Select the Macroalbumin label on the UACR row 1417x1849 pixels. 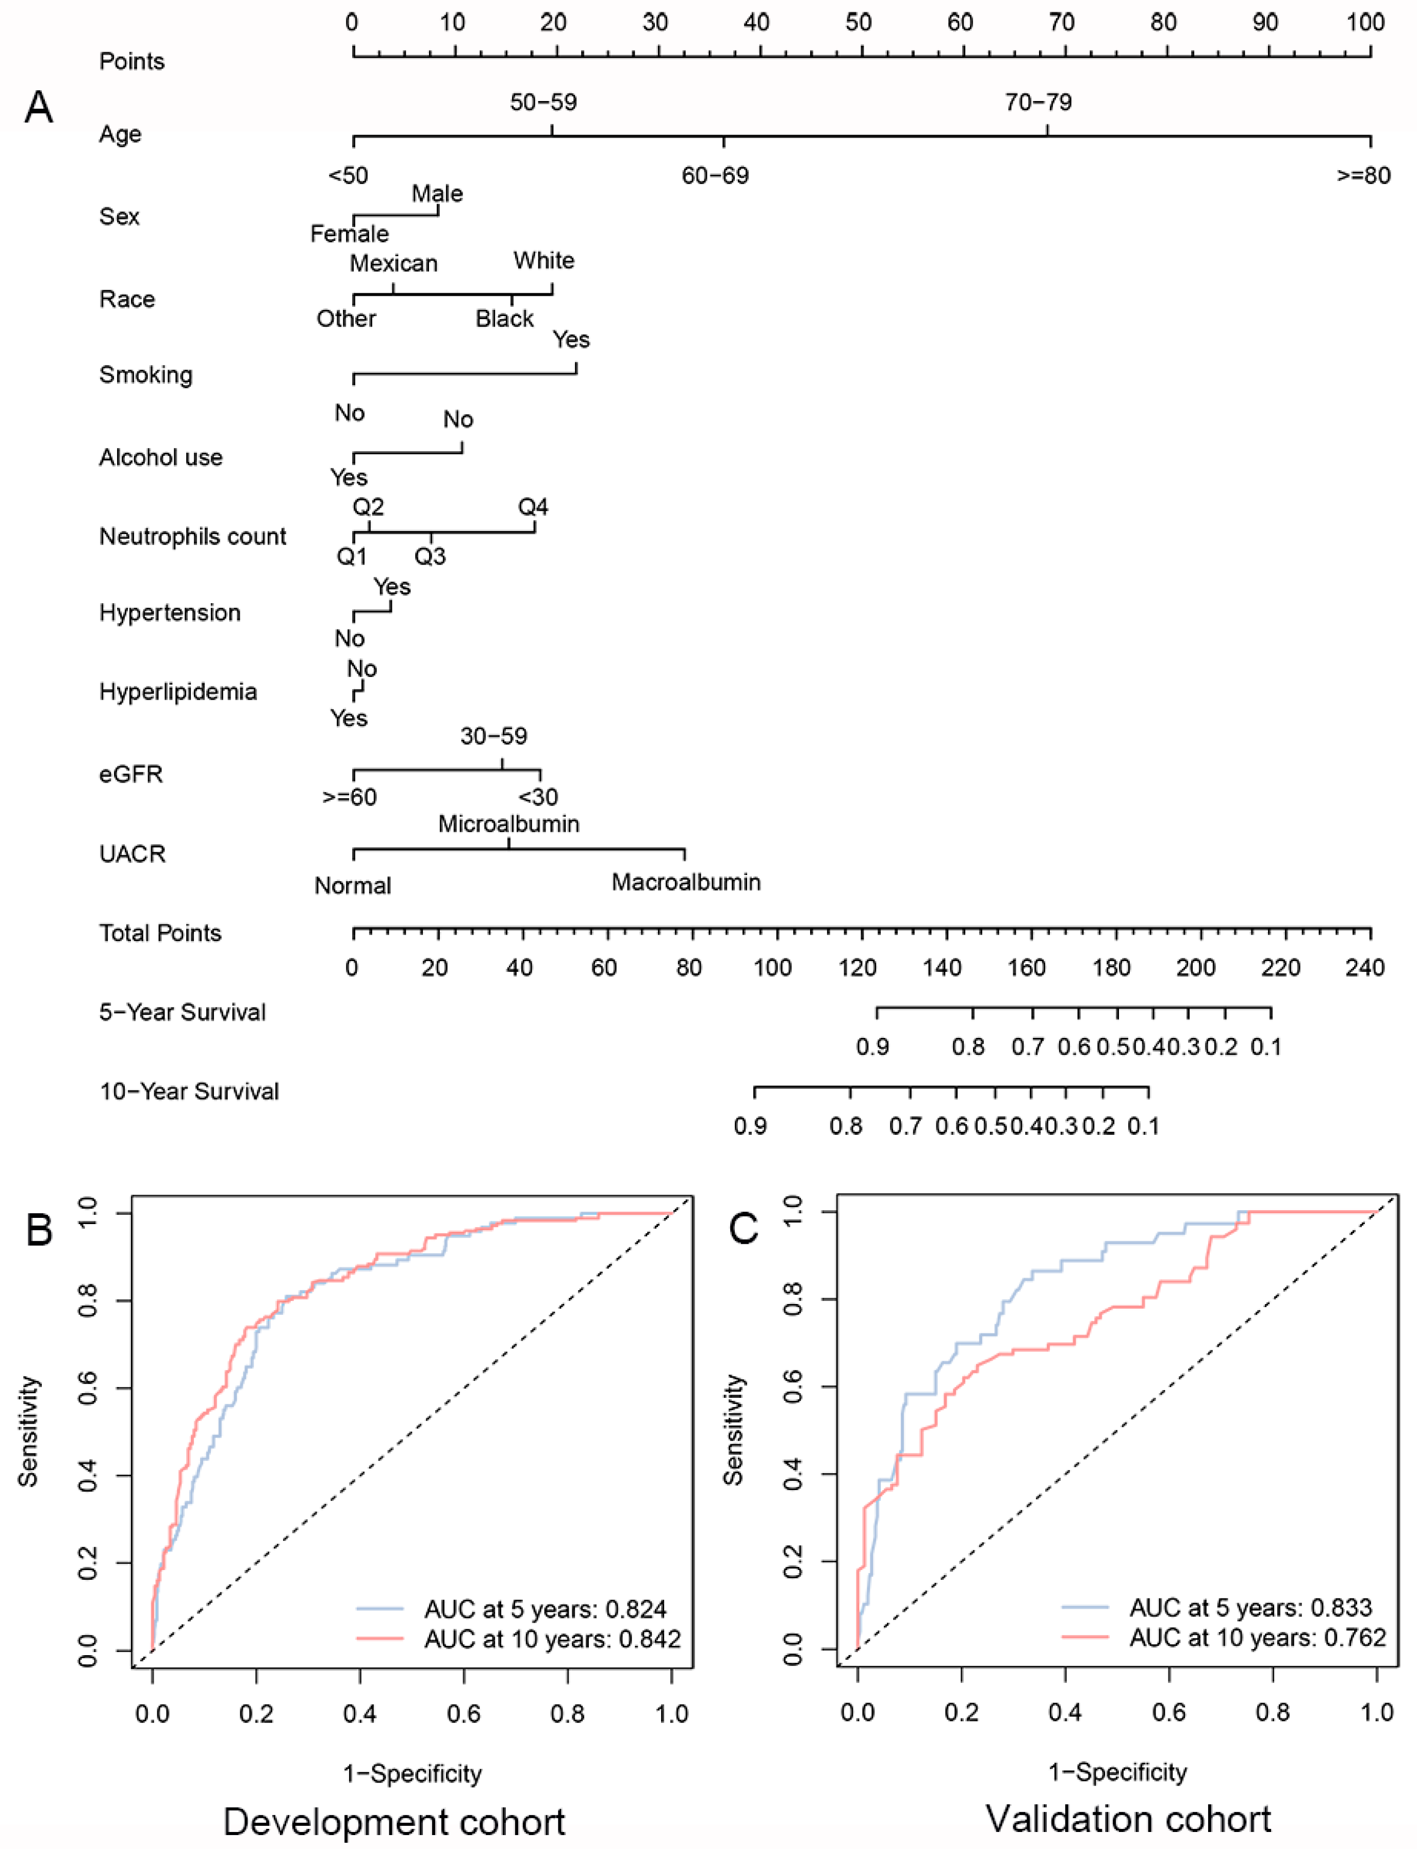click(x=686, y=882)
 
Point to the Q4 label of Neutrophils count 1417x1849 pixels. click(x=533, y=507)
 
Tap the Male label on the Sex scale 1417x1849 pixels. click(x=437, y=194)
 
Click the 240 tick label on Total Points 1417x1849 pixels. click(x=1364, y=967)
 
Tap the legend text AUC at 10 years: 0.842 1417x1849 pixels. click(x=552, y=1639)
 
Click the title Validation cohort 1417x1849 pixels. click(x=1129, y=1820)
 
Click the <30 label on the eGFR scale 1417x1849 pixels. click(x=538, y=797)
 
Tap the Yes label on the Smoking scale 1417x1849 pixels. click(x=571, y=340)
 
